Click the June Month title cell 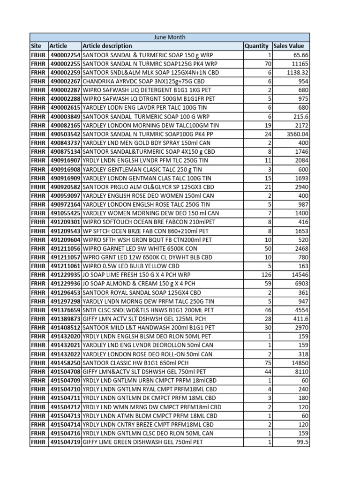pos(170,37)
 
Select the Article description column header pos(107,46)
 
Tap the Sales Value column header pos(288,46)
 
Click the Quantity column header pos(256,46)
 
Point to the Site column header pos(36,46)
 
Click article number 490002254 pos(65,55)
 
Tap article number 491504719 pos(65,442)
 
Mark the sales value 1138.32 pos(296,73)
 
